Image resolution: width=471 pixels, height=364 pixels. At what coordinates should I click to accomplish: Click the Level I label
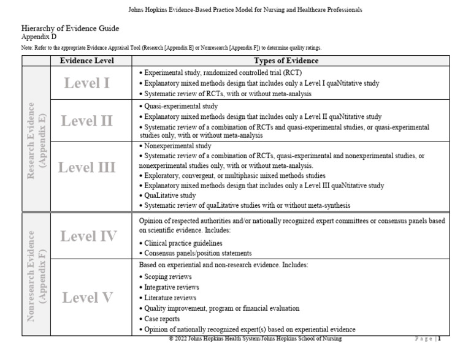pyautogui.click(x=86, y=83)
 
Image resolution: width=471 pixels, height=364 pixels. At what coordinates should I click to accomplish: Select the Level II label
pyautogui.click(x=86, y=120)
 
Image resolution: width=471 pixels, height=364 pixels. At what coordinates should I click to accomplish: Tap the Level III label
pyautogui.click(x=86, y=167)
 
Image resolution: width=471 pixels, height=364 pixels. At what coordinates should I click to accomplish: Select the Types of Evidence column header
pyautogui.click(x=286, y=61)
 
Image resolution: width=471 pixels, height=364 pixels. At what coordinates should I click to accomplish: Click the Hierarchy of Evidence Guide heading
pyautogui.click(x=70, y=28)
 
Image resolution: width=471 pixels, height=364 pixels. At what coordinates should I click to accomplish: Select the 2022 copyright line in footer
pyautogui.click(x=255, y=339)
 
